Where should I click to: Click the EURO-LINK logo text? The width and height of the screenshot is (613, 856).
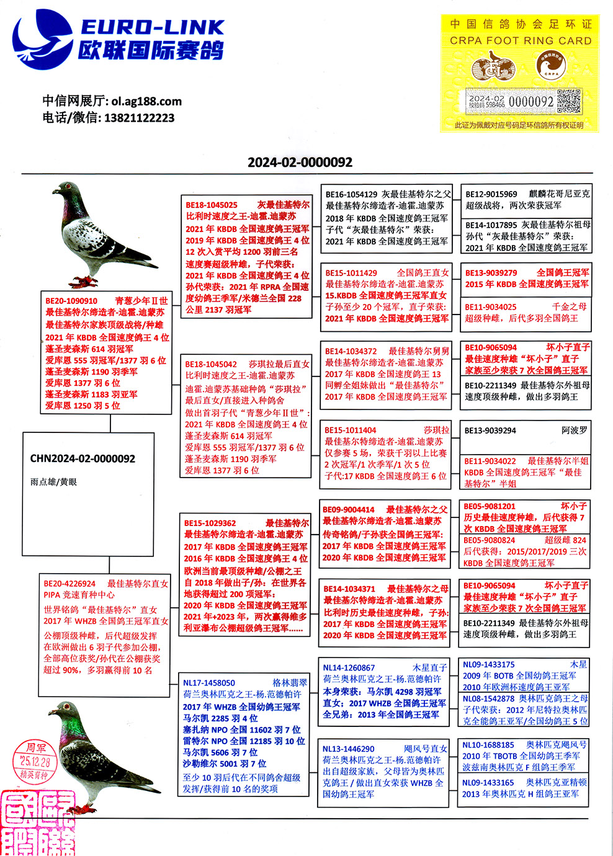152,27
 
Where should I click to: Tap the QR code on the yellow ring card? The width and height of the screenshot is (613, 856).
568,101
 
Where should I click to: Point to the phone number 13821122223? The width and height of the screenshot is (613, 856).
140,118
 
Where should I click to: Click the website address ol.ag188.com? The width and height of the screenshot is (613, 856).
147,101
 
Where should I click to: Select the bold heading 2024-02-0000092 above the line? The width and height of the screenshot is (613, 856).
300,163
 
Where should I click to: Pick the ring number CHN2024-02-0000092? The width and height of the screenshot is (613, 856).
83,459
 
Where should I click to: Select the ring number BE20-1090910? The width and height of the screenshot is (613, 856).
71,301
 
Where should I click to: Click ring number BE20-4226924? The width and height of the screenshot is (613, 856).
69,584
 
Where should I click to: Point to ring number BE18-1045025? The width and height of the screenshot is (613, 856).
212,205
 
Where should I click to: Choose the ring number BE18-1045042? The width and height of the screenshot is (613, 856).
211,364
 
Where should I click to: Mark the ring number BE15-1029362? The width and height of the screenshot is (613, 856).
210,523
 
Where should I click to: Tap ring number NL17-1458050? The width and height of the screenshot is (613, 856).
209,682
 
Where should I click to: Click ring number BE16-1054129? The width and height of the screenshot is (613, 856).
351,194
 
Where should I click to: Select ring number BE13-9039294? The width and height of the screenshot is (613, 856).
490,430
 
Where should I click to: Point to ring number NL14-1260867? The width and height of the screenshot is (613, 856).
349,667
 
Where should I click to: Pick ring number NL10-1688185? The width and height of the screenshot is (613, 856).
488,744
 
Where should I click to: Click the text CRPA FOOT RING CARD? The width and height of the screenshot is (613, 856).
521,41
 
